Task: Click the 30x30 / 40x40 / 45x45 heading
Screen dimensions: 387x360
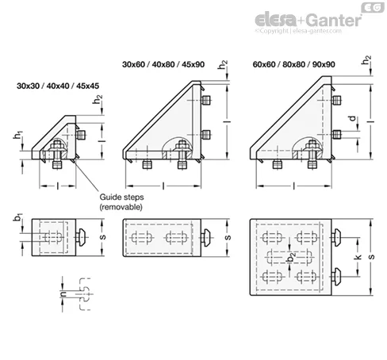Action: [x=58, y=86]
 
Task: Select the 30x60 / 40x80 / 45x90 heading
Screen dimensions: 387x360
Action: [x=163, y=64]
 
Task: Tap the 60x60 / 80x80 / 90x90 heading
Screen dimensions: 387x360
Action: [x=294, y=64]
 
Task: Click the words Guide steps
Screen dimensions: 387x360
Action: [x=121, y=197]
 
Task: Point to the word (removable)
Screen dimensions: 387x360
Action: [x=121, y=207]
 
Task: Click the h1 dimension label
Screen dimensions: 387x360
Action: [x=17, y=135]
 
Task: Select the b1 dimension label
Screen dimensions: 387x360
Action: [x=18, y=217]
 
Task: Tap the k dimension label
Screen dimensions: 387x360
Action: [x=358, y=257]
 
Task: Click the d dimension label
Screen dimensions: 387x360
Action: [x=353, y=118]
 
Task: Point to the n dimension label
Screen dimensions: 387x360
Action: [x=63, y=293]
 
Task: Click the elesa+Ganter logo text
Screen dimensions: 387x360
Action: [x=308, y=21]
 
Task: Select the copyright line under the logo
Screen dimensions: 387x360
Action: [x=298, y=31]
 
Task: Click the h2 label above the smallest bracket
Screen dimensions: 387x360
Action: [x=98, y=99]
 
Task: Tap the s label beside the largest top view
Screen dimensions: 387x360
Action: [x=371, y=257]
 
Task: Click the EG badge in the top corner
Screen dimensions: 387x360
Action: [x=373, y=8]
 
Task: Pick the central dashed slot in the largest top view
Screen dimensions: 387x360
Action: [x=289, y=257]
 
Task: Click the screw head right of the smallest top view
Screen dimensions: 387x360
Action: [x=81, y=237]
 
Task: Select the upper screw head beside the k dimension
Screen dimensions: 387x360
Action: [x=335, y=238]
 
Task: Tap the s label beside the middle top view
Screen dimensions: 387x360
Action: [x=228, y=237]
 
